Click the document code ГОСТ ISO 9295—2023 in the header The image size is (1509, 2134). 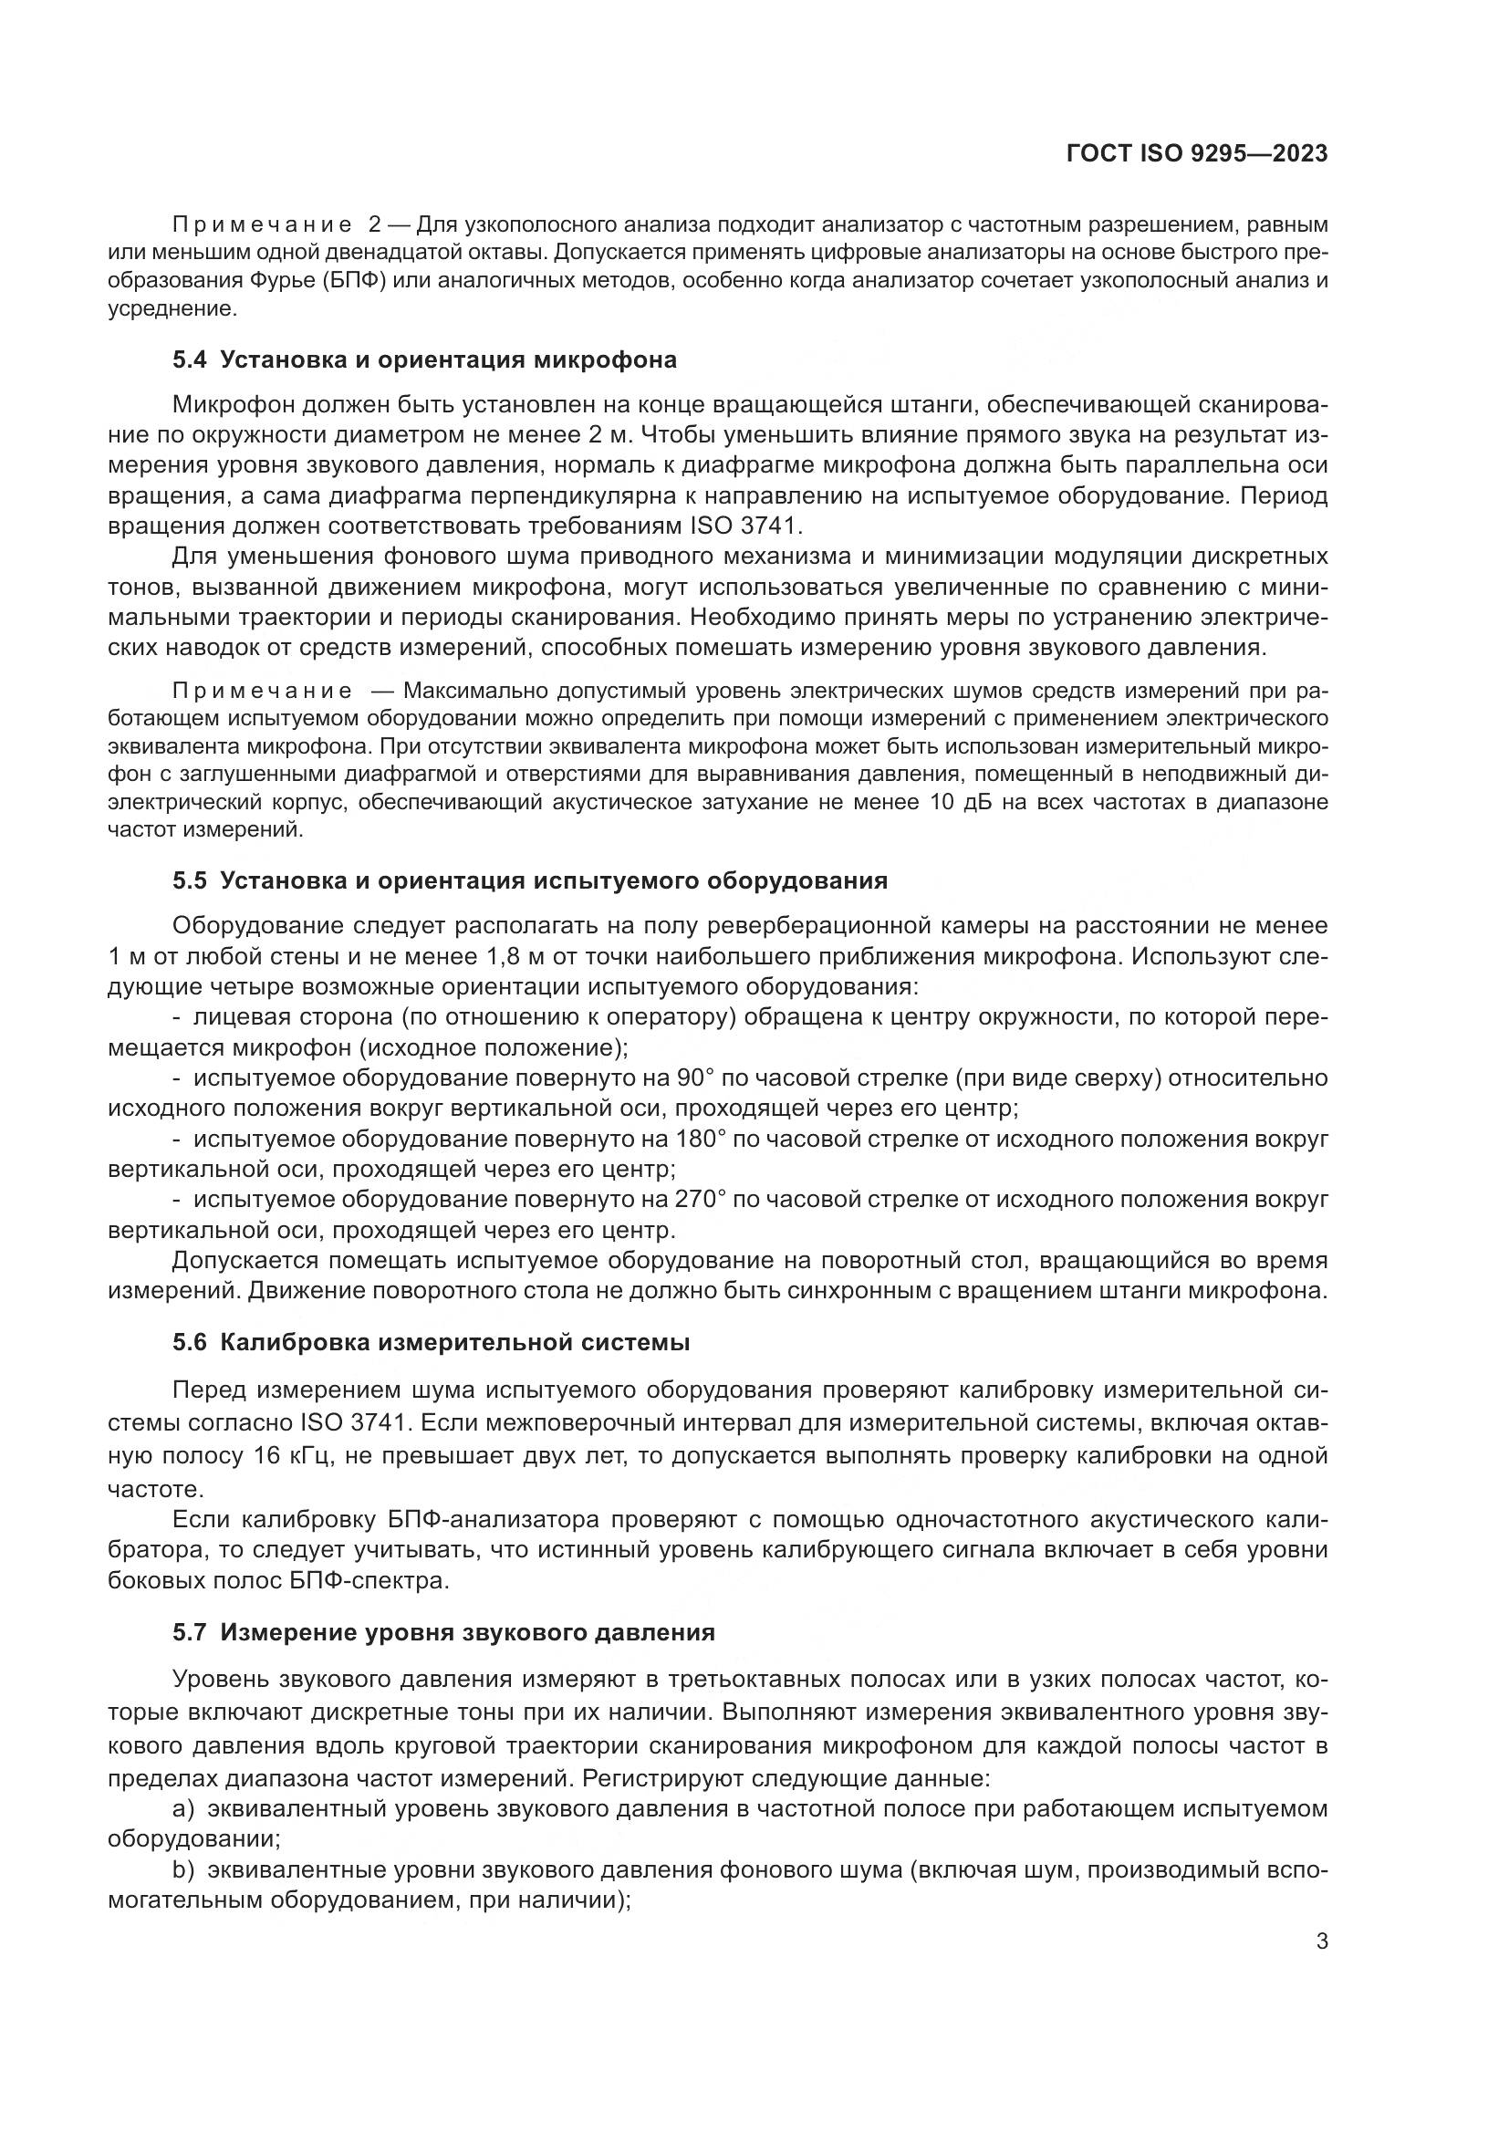(x=1196, y=154)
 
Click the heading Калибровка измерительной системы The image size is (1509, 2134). (x=455, y=1342)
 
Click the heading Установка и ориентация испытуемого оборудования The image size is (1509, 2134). (x=554, y=880)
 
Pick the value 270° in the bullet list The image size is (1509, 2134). (x=700, y=1200)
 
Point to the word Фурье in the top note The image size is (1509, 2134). (x=284, y=282)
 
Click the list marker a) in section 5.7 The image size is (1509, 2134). (x=183, y=1808)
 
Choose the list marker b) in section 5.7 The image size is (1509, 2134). (x=183, y=1870)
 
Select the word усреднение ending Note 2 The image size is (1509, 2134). (x=172, y=308)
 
